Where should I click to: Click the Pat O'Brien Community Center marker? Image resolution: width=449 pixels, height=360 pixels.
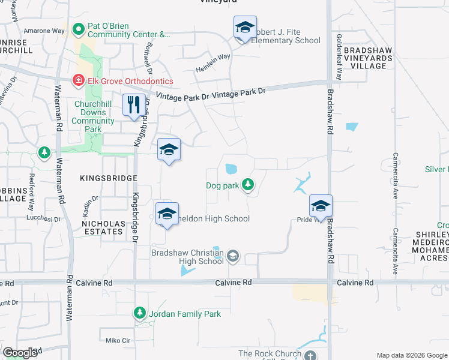click(x=78, y=29)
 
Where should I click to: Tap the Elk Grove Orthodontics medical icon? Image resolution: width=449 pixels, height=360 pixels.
click(x=78, y=80)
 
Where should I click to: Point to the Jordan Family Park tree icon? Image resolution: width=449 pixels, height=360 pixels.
click(x=140, y=313)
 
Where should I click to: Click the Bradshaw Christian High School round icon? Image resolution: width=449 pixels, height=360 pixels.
click(x=233, y=257)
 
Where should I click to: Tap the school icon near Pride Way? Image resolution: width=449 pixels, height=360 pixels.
click(x=321, y=206)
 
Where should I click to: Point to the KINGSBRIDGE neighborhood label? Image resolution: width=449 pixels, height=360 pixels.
click(x=107, y=178)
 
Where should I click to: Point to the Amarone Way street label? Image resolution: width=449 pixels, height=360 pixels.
click(x=44, y=31)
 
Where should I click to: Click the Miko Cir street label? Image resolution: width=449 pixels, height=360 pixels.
click(x=118, y=340)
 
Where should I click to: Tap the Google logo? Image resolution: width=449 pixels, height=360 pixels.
click(x=20, y=352)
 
